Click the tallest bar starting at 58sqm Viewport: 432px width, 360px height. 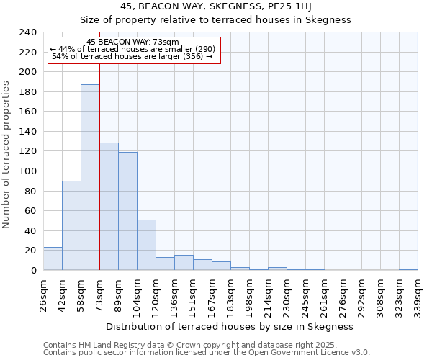click(x=90, y=177)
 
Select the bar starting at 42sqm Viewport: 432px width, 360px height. click(x=71, y=225)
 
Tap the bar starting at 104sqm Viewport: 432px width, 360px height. click(x=146, y=245)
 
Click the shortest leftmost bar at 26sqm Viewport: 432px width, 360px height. click(x=53, y=258)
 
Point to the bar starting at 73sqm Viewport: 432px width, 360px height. click(x=109, y=207)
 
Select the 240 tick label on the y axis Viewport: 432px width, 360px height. click(x=27, y=32)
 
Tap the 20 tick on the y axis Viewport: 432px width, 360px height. click(x=30, y=251)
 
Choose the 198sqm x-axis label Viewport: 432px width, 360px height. click(x=249, y=293)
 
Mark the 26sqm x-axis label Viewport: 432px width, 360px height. click(x=43, y=293)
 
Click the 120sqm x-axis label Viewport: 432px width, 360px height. click(x=156, y=293)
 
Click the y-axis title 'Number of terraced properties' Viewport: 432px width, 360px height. click(x=6, y=154)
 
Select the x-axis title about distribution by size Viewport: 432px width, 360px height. click(x=229, y=326)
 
